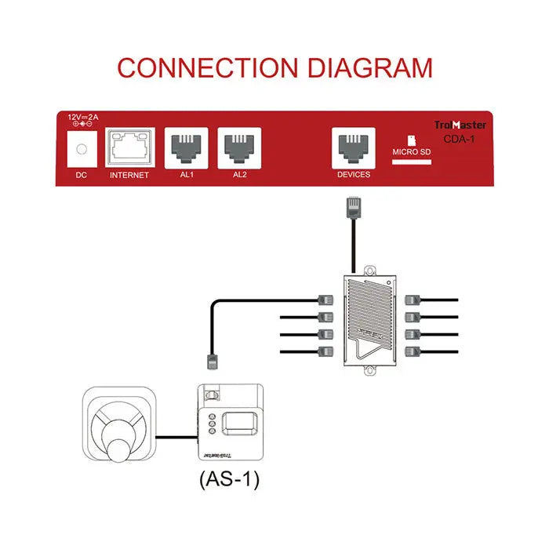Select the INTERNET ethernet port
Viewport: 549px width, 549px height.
click(x=129, y=147)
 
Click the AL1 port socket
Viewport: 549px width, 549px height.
click(x=187, y=147)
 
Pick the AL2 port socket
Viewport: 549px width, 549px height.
click(x=240, y=147)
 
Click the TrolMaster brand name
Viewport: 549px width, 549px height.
click(x=460, y=125)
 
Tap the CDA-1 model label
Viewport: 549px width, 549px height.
click(x=460, y=139)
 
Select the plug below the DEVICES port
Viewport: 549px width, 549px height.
click(x=353, y=209)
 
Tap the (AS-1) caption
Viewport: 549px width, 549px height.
click(x=229, y=478)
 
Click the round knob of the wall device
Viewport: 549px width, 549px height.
click(x=122, y=453)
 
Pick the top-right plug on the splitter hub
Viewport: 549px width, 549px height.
click(x=413, y=300)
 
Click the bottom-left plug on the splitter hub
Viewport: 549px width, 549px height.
click(x=325, y=351)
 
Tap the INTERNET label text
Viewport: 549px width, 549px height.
click(x=129, y=175)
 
